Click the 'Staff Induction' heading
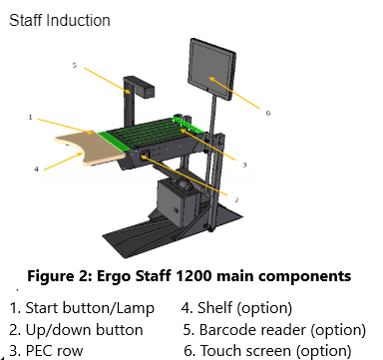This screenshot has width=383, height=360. [x=60, y=20]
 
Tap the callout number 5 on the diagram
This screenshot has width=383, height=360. [x=75, y=65]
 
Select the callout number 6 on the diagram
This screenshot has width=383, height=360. [x=268, y=113]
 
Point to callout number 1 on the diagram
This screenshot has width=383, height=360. [x=30, y=117]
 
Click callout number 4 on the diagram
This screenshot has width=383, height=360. [x=37, y=170]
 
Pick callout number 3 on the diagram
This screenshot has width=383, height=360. [x=244, y=165]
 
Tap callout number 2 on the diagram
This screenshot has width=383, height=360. [x=236, y=199]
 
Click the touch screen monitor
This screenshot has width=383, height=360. [x=212, y=70]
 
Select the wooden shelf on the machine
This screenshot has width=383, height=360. [x=90, y=148]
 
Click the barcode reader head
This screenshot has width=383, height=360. [x=146, y=89]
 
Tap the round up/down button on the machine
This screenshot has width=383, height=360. [x=145, y=156]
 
